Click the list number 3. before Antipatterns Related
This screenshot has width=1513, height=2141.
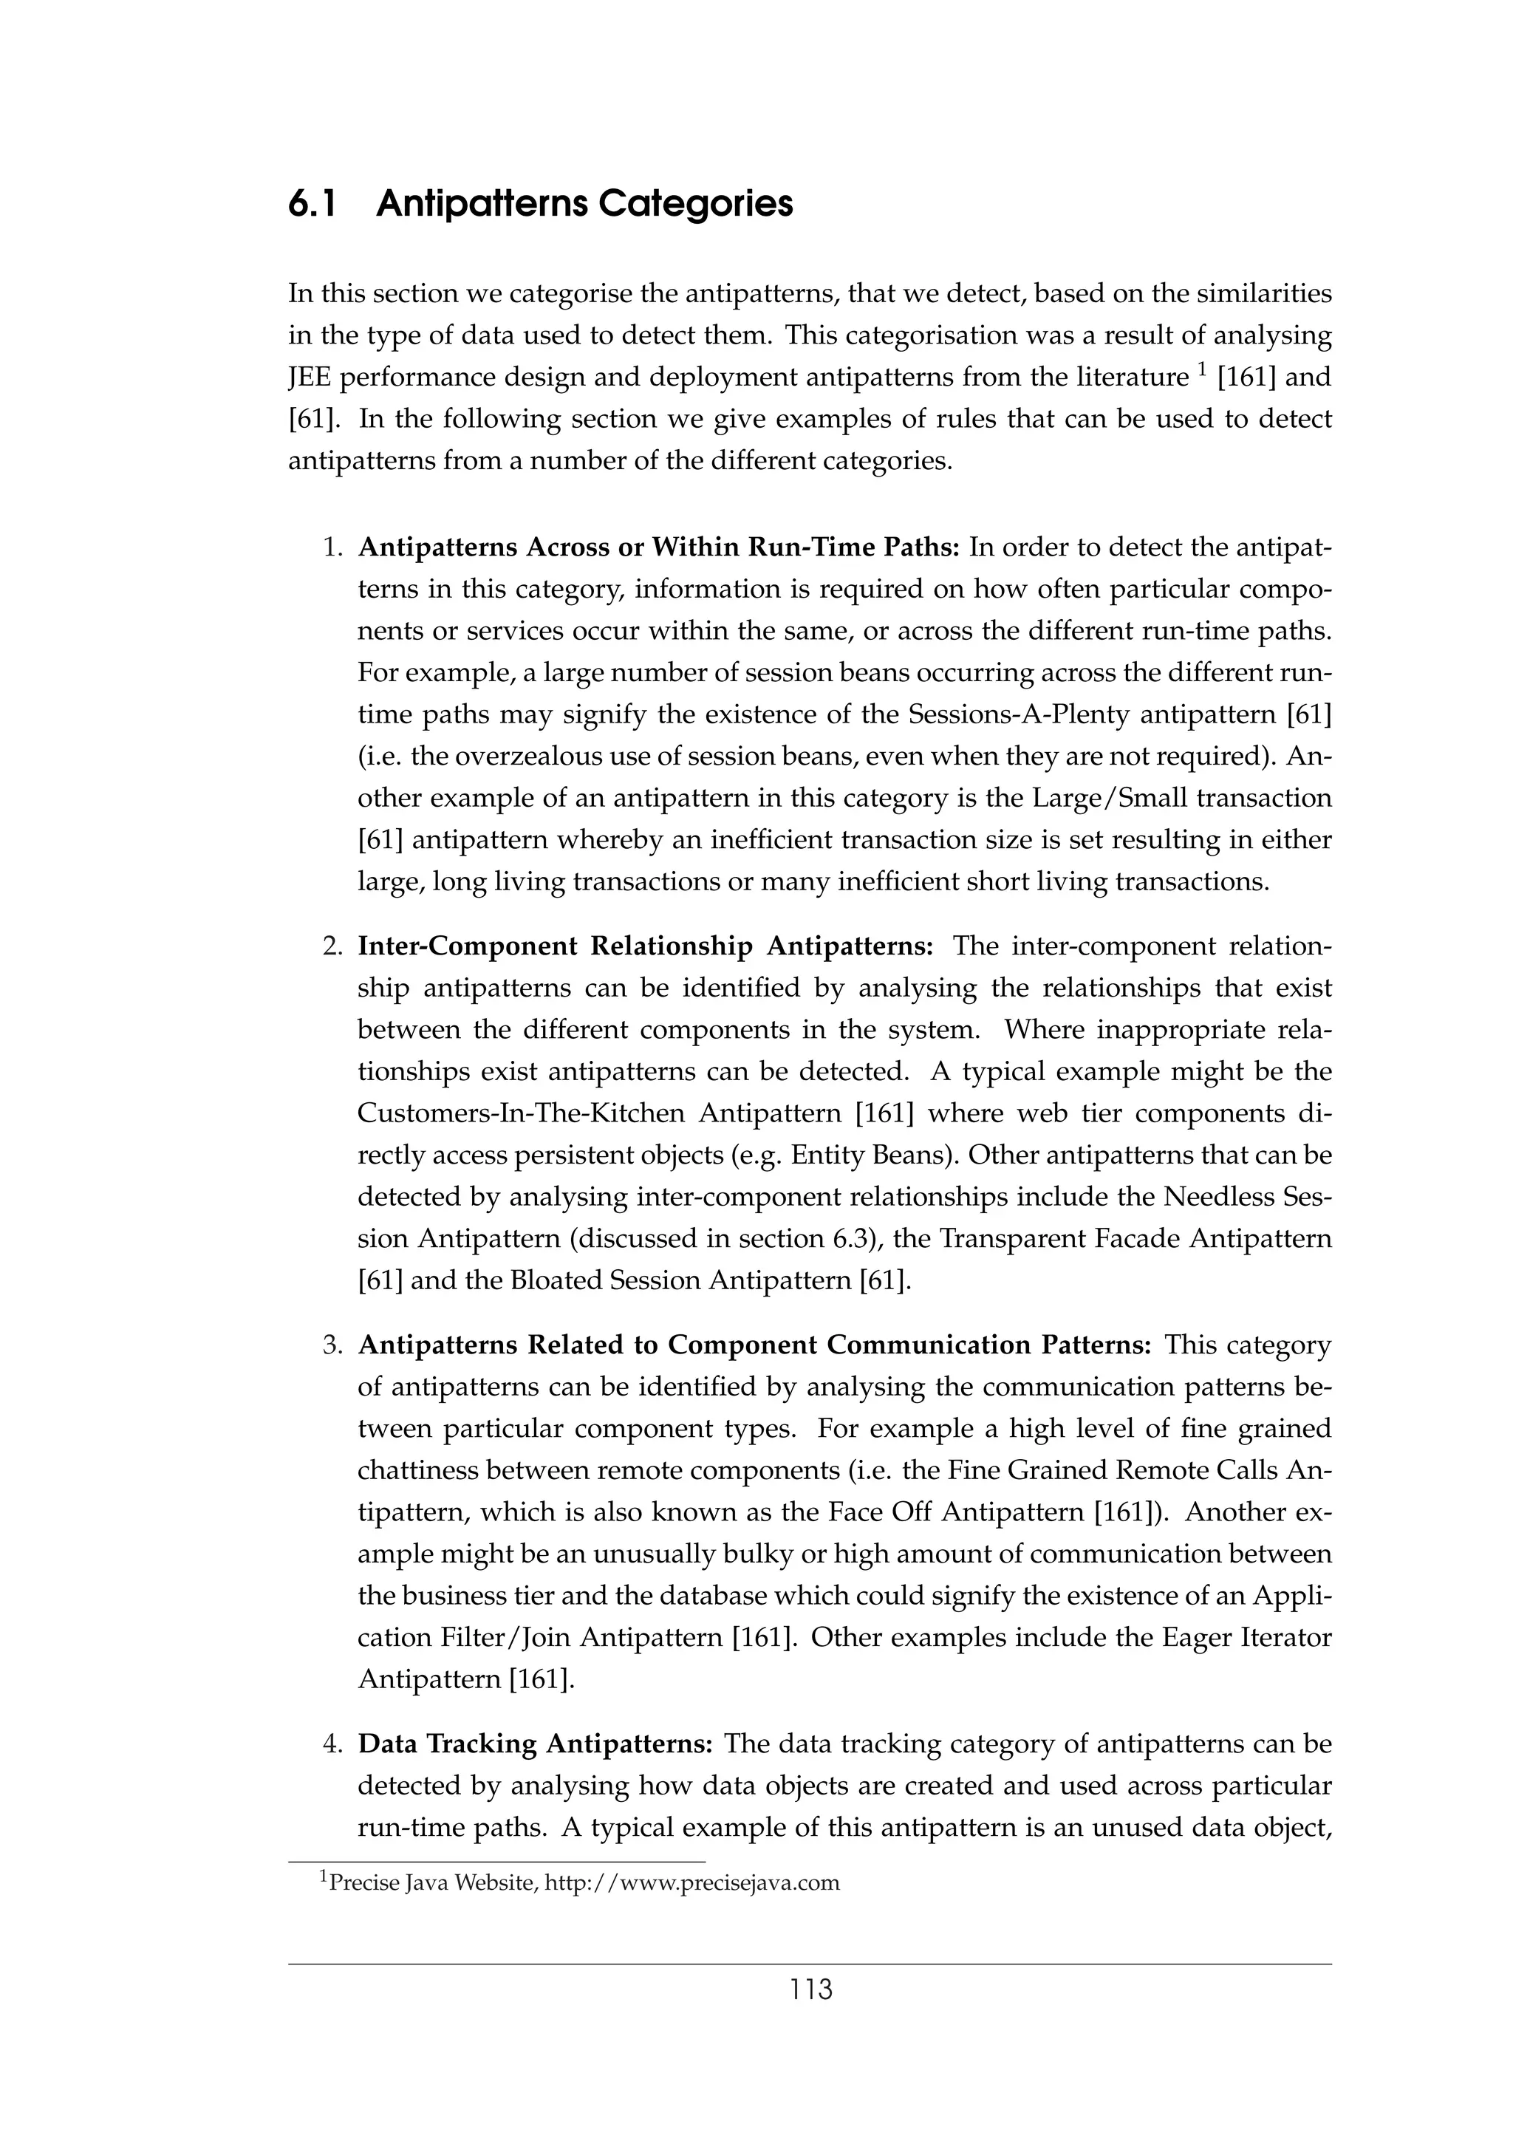334,1345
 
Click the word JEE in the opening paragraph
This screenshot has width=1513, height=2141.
311,378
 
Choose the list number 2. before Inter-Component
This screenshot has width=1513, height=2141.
334,946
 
